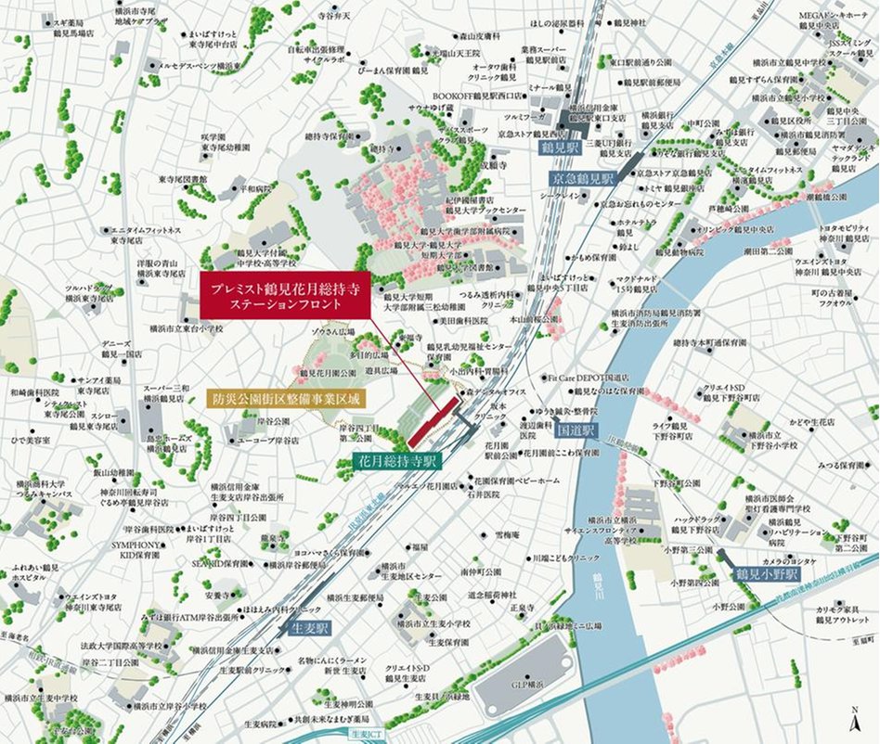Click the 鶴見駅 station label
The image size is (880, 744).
coord(560,148)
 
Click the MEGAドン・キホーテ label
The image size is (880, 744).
coord(835,16)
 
